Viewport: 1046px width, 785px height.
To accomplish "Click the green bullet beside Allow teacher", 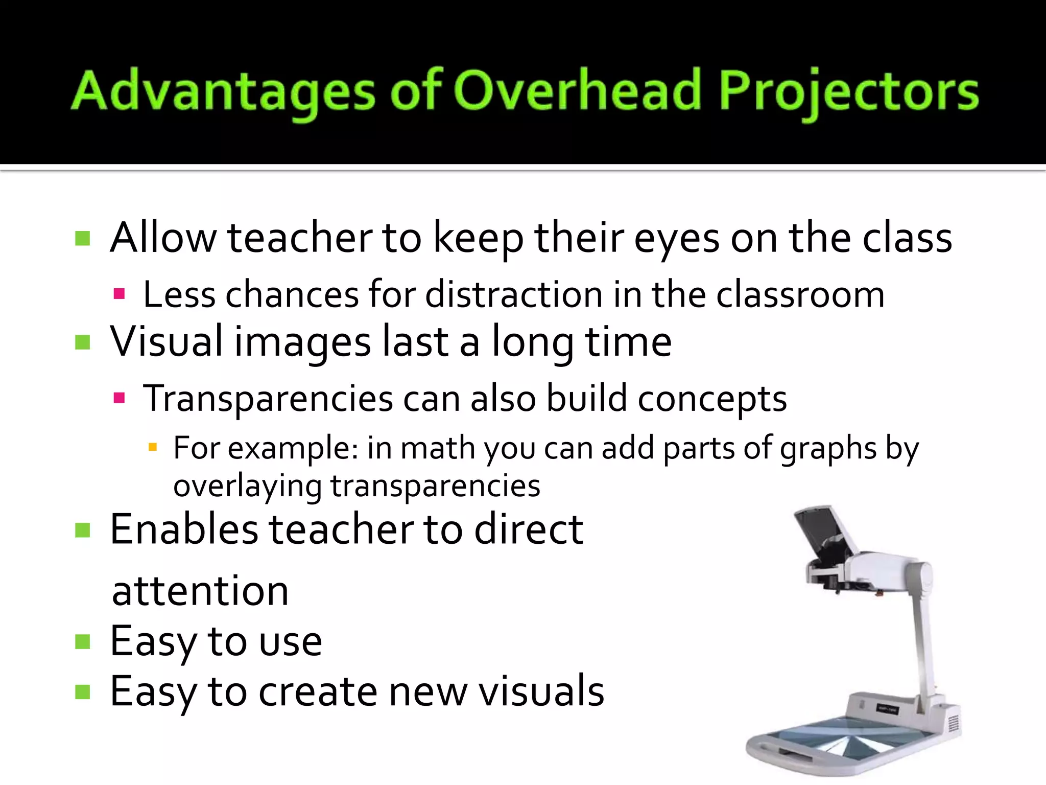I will [x=83, y=238].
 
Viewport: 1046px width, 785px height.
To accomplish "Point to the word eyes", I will [x=676, y=239].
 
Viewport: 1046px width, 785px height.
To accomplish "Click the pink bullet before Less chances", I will [x=120, y=294].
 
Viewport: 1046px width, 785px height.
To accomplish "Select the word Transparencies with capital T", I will [x=268, y=399].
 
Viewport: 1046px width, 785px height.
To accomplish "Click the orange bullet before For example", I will [x=152, y=448].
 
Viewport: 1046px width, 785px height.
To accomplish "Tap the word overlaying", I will [x=247, y=486].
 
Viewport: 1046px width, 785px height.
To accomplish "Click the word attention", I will [x=200, y=591].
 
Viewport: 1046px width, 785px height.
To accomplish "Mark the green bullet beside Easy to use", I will [x=83, y=641].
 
